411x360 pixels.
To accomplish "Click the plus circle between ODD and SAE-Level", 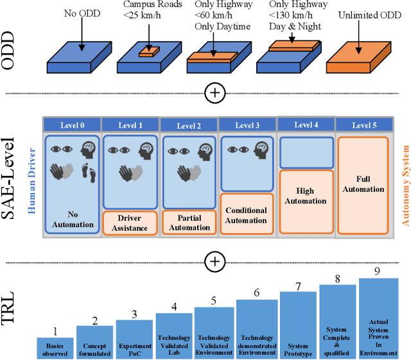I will point(215,94).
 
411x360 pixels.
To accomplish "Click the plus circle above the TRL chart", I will point(215,261).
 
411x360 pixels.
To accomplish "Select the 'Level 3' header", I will point(247,126).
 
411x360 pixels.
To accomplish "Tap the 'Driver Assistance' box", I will point(130,223).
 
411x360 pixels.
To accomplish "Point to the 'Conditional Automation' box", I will point(247,215).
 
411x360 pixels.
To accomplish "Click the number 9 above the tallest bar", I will point(377,271).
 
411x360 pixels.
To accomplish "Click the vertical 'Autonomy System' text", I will point(405,185).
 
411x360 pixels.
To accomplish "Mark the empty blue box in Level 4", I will point(305,153).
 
